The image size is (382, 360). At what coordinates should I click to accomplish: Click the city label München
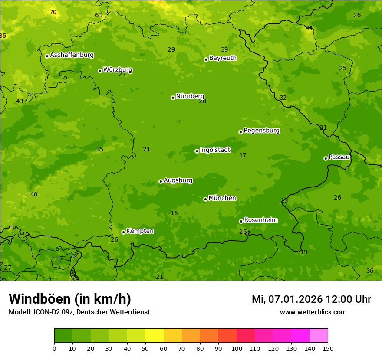pyautogui.click(x=222, y=198)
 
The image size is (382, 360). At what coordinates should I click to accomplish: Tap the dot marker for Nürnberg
pyautogui.click(x=173, y=98)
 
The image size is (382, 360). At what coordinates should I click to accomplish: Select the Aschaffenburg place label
pyautogui.click(x=72, y=55)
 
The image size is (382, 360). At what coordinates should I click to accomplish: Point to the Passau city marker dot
pyautogui.click(x=326, y=158)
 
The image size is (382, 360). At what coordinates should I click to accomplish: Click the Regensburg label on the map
pyautogui.click(x=261, y=131)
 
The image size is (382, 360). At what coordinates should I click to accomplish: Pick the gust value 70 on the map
pyautogui.click(x=53, y=12)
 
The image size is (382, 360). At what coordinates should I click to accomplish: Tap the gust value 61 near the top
pyautogui.click(x=99, y=16)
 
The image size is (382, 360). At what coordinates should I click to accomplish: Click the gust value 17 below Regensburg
pyautogui.click(x=243, y=155)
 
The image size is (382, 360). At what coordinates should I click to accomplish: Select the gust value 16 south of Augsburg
pyautogui.click(x=174, y=213)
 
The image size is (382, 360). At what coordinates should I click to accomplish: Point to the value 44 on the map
pyautogui.click(x=309, y=28)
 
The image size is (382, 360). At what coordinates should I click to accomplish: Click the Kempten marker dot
pyautogui.click(x=123, y=232)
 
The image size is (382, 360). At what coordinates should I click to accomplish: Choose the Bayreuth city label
pyautogui.click(x=223, y=58)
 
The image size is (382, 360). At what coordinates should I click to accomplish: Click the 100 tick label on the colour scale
pyautogui.click(x=237, y=348)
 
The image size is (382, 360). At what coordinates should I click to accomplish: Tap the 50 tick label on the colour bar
pyautogui.click(x=145, y=348)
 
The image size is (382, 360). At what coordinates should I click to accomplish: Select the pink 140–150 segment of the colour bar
pyautogui.click(x=319, y=336)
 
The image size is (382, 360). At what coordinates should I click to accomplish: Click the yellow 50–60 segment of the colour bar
pyautogui.click(x=155, y=336)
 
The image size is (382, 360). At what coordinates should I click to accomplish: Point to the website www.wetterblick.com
pyautogui.click(x=313, y=312)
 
